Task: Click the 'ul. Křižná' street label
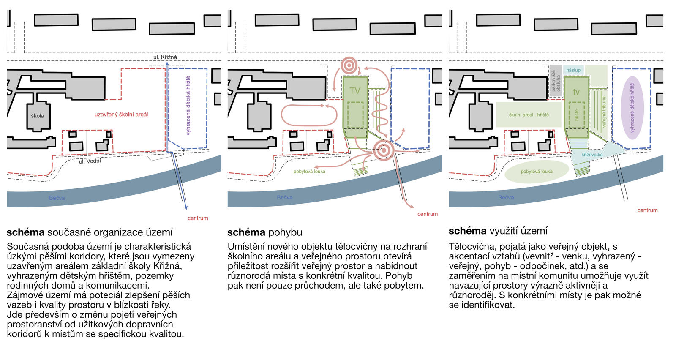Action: pos(165,57)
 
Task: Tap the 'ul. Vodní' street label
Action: pos(90,161)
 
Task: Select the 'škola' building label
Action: pos(37,116)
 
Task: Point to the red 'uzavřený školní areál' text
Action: pos(121,115)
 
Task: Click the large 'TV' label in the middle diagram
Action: pos(355,91)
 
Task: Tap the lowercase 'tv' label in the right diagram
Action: pos(576,92)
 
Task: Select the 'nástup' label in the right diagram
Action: pos(573,70)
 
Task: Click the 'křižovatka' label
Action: pos(592,155)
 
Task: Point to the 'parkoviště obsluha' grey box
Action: pos(556,80)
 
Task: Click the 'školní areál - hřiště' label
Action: pos(529,115)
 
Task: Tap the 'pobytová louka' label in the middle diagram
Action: pos(309,172)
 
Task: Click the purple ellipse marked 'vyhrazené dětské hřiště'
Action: pos(632,108)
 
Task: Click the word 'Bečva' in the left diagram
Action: pos(57,198)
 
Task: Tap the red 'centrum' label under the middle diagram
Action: pos(428,214)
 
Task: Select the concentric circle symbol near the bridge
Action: pos(384,150)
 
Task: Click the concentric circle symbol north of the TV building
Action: pos(349,65)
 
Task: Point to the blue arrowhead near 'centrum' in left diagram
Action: pos(186,207)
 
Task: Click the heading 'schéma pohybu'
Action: pos(265,232)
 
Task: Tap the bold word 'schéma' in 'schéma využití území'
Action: pos(467,231)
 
